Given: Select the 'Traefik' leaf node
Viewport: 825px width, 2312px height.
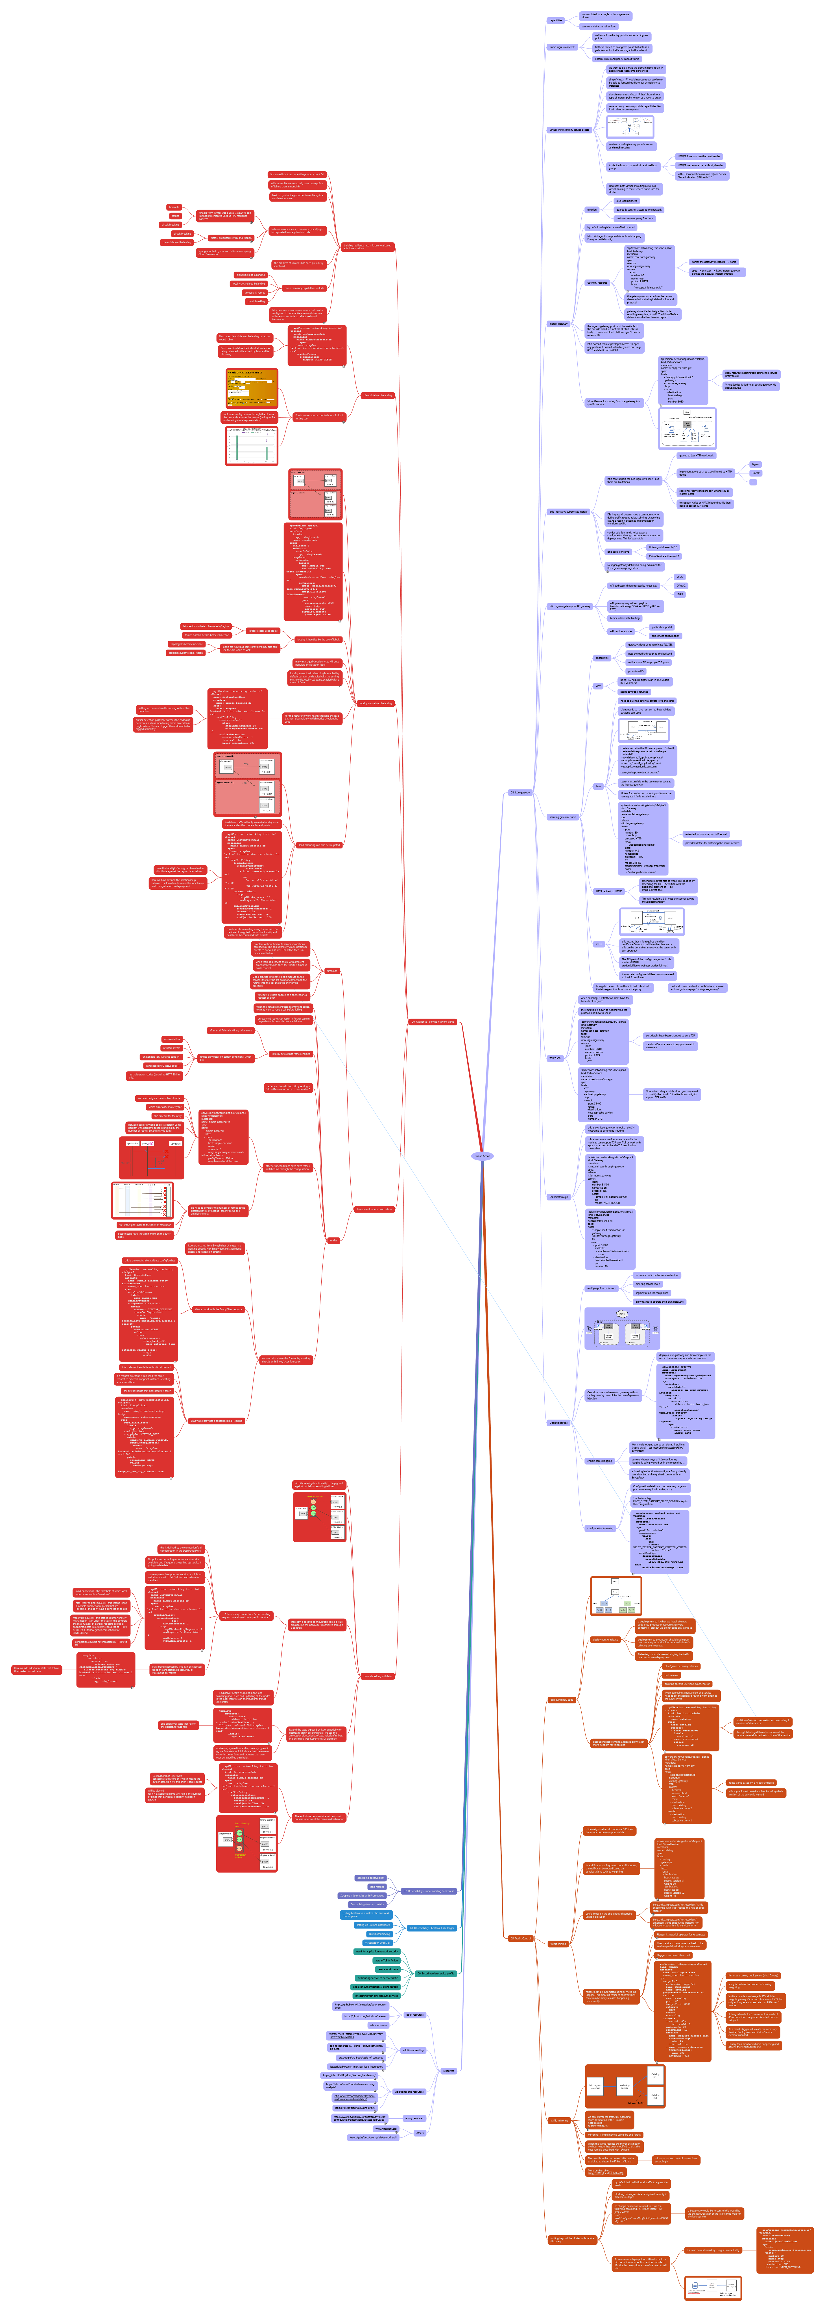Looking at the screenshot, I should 756,473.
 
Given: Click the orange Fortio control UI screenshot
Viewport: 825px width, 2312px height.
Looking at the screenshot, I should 251,388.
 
